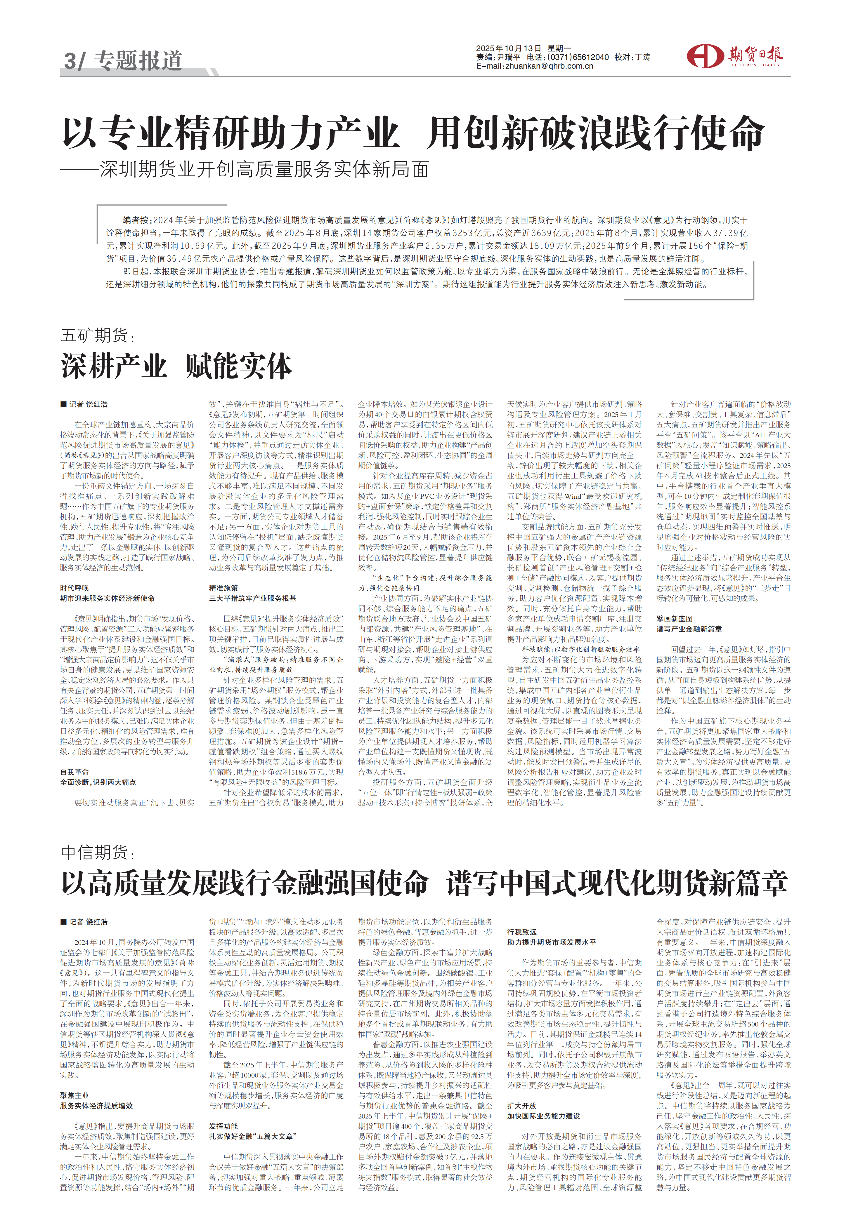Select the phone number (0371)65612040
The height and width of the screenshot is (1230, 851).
click(578, 57)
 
